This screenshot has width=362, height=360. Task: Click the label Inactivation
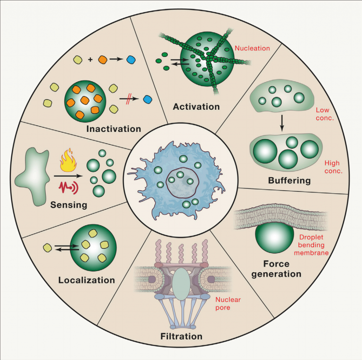click(114, 129)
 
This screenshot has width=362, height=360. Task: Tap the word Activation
click(196, 106)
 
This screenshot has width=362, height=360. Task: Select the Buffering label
click(289, 180)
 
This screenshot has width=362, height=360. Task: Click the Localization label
click(87, 280)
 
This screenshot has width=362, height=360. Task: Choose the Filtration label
click(181, 336)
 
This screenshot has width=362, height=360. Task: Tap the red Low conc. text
click(324, 113)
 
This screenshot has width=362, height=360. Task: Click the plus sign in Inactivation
click(90, 60)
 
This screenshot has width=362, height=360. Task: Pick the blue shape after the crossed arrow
click(148, 99)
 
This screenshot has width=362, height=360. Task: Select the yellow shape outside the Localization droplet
click(47, 246)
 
